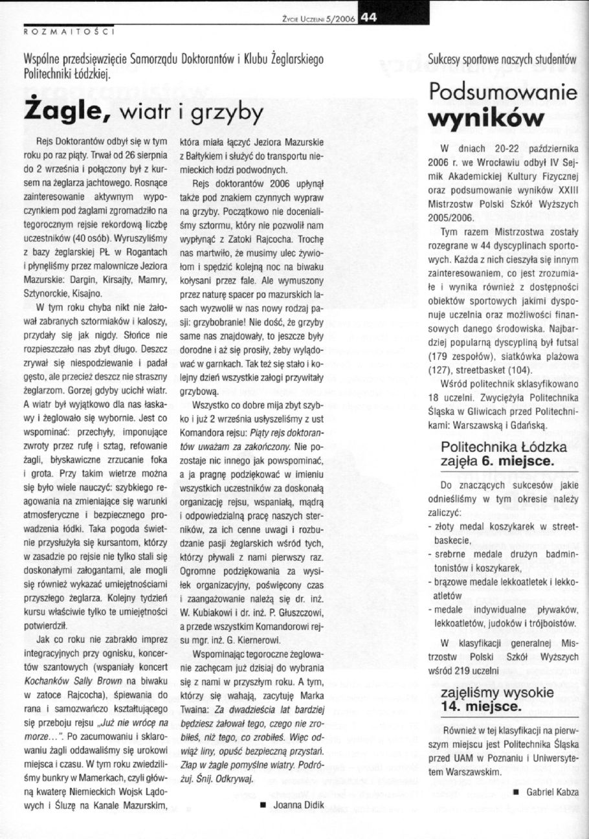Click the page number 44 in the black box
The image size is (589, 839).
click(x=370, y=18)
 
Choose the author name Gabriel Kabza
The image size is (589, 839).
click(x=552, y=792)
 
